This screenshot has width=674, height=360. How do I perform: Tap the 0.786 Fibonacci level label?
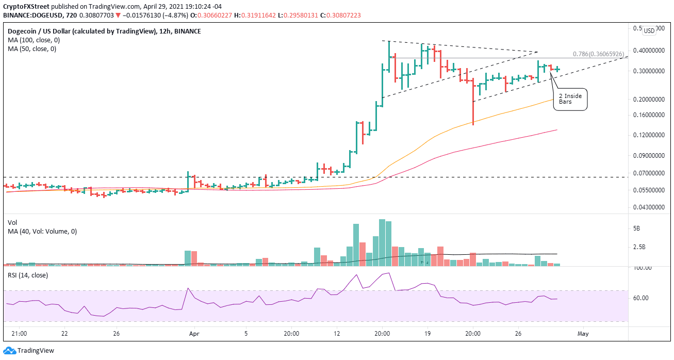point(600,54)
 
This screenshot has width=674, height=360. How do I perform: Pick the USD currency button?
point(649,31)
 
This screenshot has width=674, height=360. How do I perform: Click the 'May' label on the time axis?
point(583,334)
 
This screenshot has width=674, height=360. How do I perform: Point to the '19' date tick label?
point(428,334)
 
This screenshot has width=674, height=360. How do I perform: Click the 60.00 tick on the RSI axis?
point(643,298)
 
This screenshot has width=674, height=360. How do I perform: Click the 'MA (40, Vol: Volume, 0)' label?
point(43,232)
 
